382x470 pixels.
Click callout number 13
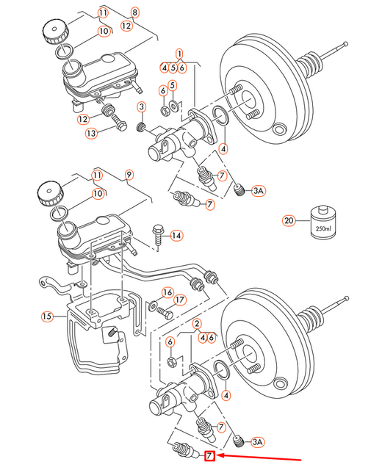coord(90,133)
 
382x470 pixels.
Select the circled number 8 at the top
coord(134,12)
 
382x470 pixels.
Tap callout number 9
coord(129,175)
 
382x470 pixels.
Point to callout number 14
coord(176,236)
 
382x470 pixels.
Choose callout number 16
coord(167,292)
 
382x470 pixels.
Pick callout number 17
coord(180,299)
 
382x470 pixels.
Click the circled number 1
coord(179,54)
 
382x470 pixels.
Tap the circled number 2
coord(197,324)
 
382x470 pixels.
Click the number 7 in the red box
coord(209,457)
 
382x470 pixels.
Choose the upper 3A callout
coord(258,191)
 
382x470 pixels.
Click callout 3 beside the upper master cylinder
coord(141,108)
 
